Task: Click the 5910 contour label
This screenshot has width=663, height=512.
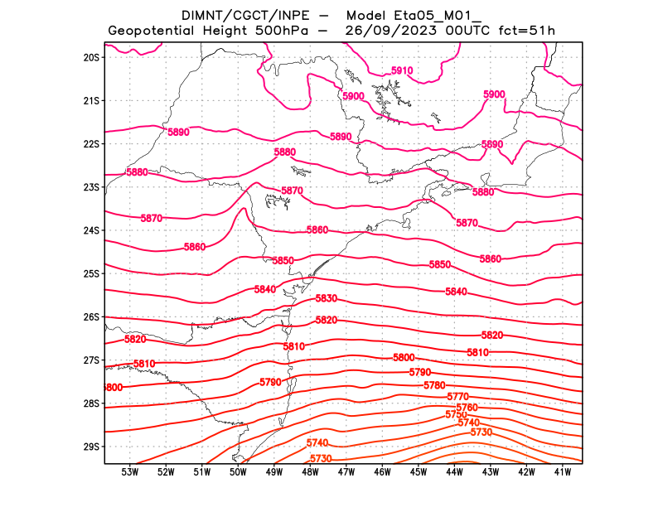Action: point(401,71)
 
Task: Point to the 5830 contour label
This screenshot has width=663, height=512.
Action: point(326,298)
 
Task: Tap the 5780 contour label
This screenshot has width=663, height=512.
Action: point(434,386)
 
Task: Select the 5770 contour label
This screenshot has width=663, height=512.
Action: point(457,397)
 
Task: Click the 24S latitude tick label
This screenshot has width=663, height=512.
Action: point(91,230)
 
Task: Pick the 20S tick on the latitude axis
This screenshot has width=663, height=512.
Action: point(91,58)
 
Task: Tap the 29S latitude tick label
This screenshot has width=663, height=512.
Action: point(91,447)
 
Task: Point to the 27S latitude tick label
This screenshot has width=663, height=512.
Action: point(91,360)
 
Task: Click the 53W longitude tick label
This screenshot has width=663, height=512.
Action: point(129,472)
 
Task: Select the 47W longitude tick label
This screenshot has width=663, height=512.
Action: point(346,472)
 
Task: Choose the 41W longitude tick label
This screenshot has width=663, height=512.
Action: point(564,472)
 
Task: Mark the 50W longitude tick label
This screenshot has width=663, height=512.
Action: point(238,472)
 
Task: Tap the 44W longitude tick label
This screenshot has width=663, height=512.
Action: point(455,472)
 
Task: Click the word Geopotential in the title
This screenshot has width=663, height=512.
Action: point(154,31)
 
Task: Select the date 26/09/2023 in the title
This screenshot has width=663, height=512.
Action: point(390,31)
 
